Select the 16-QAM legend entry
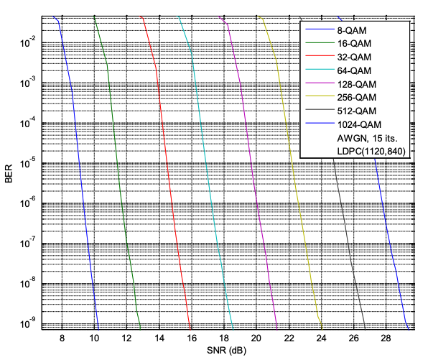pyautogui.click(x=356, y=44)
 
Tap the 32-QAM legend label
pyautogui.click(x=356, y=57)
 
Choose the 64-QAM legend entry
pyautogui.click(x=356, y=70)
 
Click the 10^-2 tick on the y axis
pyautogui.click(x=27, y=43)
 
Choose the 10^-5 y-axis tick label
pyautogui.click(x=27, y=163)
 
